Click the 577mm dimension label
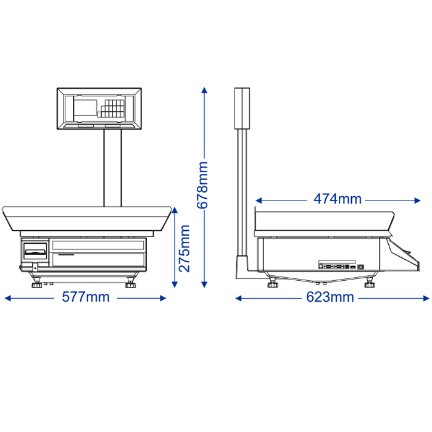(86, 297)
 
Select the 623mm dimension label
(330, 297)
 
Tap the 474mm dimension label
(338, 199)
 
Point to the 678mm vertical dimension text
(202, 185)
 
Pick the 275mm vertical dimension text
(185, 249)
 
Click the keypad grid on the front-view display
(111, 108)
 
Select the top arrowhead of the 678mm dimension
(204, 91)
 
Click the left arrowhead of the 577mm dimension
(8, 298)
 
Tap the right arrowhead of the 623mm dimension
(426, 298)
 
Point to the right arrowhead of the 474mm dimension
(417, 201)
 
